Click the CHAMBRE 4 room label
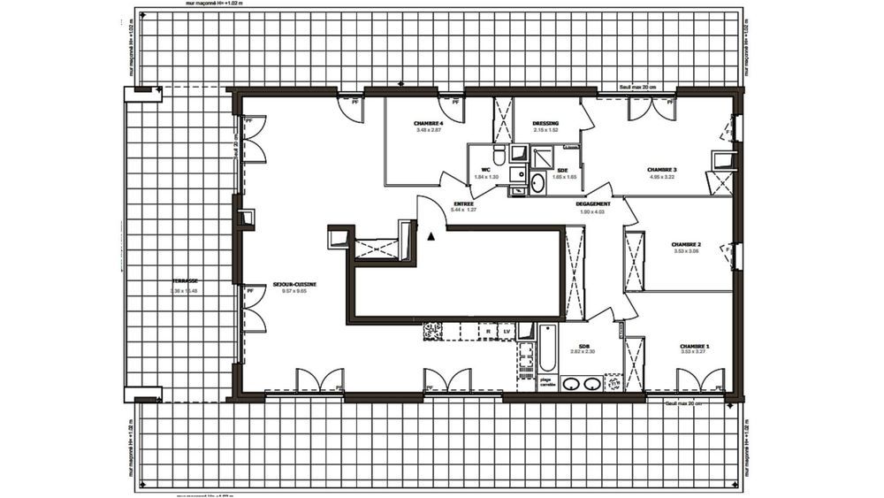(x=428, y=123)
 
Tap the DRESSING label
(x=545, y=124)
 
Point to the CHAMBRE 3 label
(x=661, y=170)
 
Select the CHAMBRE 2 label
(x=686, y=244)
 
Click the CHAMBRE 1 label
(x=694, y=346)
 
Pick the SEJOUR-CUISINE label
(x=294, y=285)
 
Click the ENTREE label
(x=463, y=203)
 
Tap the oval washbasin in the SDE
(x=537, y=183)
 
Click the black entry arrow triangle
(x=431, y=236)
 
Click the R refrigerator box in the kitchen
(x=489, y=331)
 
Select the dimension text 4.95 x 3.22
(x=661, y=177)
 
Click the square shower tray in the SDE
(x=538, y=156)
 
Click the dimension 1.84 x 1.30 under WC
(x=486, y=177)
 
